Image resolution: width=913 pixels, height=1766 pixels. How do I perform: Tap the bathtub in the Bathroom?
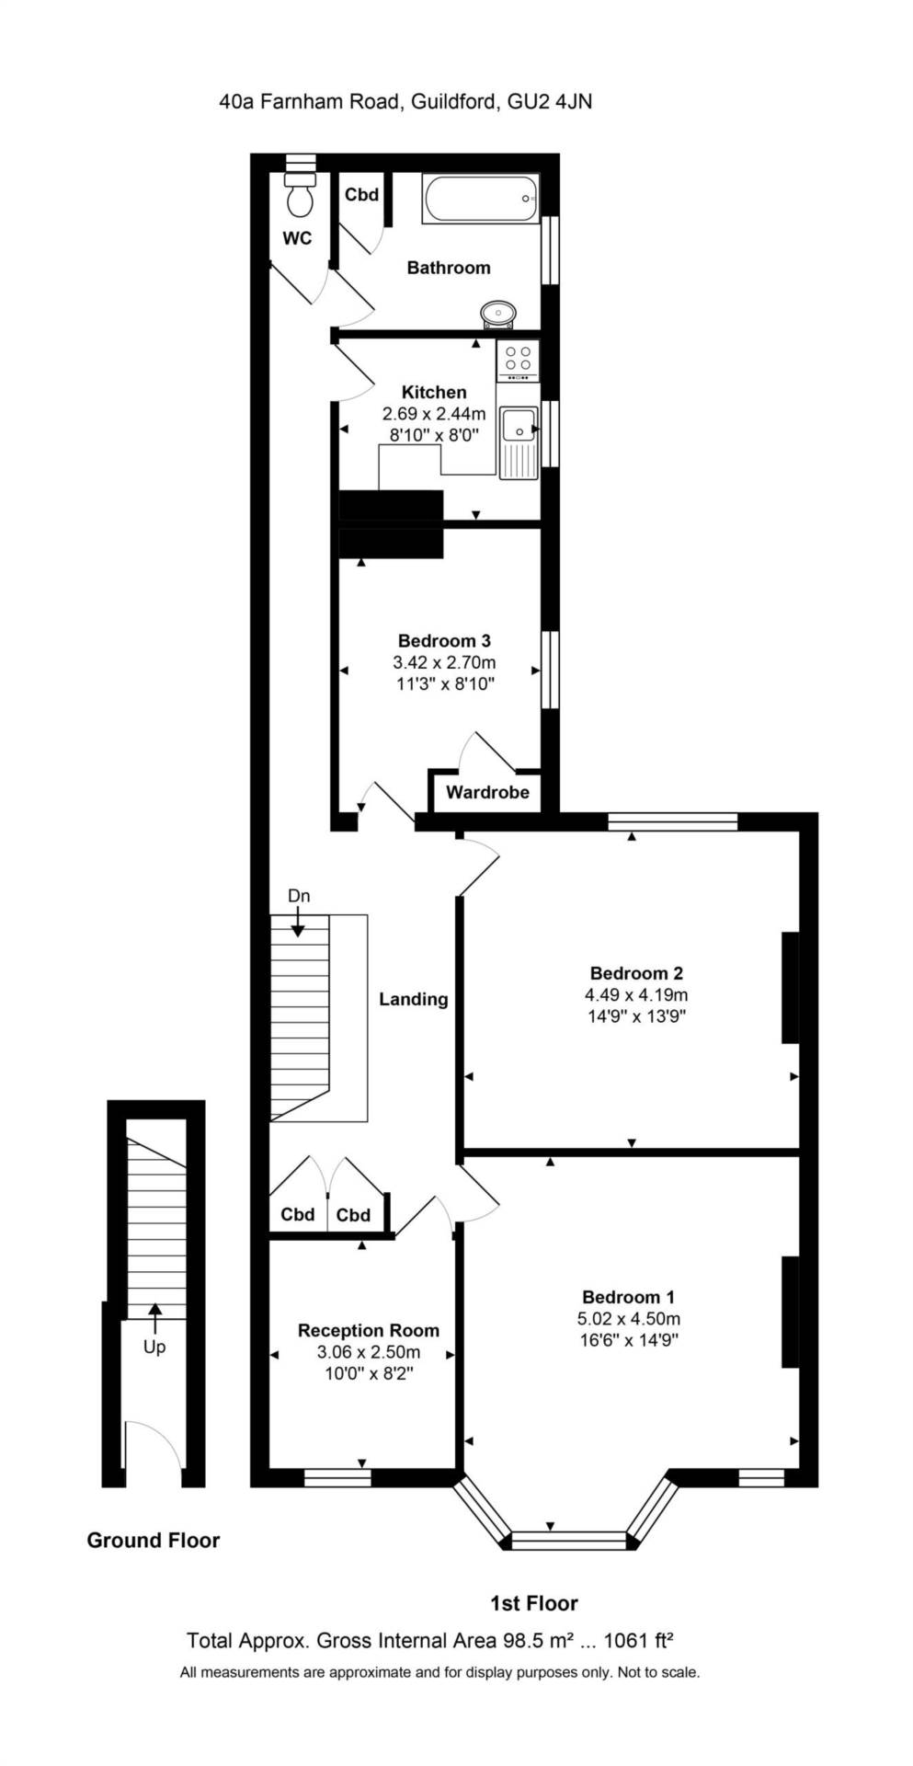480,199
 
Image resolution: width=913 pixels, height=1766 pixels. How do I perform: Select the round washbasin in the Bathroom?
497,313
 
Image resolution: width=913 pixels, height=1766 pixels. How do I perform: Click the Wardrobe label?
487,792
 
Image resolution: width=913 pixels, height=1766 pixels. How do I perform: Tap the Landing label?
413,999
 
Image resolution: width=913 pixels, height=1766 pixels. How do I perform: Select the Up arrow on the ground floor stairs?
154,1318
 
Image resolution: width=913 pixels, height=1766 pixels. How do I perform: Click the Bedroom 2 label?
635,972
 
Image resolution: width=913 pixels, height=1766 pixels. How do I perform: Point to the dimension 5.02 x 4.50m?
628,1318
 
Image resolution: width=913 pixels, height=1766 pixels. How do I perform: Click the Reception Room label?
368,1330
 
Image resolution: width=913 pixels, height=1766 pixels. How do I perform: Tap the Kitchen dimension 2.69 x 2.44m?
434,414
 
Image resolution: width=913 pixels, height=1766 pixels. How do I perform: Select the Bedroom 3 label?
443,640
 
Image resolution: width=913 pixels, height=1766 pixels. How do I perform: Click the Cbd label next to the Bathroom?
361,194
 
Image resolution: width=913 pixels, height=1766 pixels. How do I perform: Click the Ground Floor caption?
153,1540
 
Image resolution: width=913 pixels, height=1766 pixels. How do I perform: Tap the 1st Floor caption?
533,1603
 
